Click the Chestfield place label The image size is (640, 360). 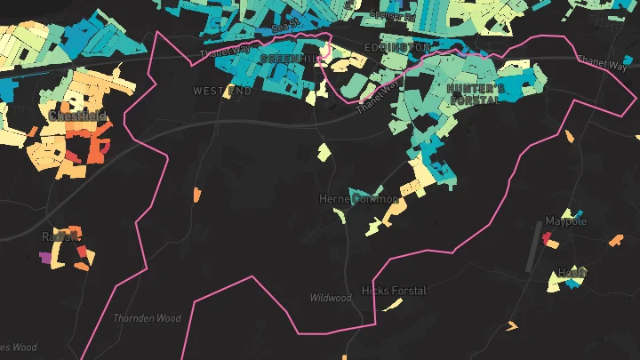(x=78, y=116)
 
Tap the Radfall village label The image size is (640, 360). (x=60, y=236)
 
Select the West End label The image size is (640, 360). (x=222, y=92)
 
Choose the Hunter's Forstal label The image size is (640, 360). (x=476, y=95)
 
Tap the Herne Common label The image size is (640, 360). (x=359, y=199)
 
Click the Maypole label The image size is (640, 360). (x=566, y=221)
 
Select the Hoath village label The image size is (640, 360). (x=572, y=272)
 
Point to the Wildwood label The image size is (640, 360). (x=331, y=298)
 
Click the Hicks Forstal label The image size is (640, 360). (x=394, y=291)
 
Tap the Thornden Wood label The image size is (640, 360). (x=148, y=318)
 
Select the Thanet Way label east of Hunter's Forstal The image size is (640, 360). (x=602, y=62)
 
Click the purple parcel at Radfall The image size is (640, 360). (x=45, y=258)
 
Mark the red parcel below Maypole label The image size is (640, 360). (x=548, y=238)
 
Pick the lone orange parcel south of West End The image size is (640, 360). (x=196, y=193)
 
